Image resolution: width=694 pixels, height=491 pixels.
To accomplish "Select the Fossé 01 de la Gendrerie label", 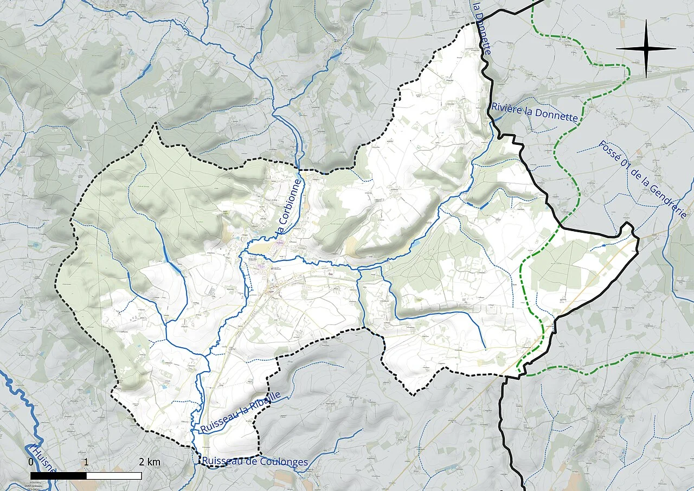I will (x=644, y=179).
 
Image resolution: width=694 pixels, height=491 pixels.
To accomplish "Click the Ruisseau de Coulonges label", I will (x=255, y=462).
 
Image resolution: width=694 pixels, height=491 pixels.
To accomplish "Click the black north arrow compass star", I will (x=646, y=48).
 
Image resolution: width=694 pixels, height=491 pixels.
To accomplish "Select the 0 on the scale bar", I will (x=31, y=462).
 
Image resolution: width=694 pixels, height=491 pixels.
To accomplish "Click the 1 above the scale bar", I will (x=86, y=462).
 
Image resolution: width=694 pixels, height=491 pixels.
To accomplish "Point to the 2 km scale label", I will (x=150, y=462).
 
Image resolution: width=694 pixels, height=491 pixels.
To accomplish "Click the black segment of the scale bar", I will (x=59, y=476).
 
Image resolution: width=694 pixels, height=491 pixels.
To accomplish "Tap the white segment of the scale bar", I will (x=114, y=476).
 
